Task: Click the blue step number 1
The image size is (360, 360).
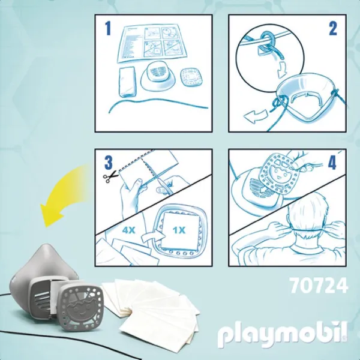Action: click(107, 28)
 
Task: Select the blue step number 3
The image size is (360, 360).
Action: click(109, 162)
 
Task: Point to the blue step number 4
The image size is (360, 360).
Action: click(332, 162)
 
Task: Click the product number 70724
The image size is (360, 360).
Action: click(319, 286)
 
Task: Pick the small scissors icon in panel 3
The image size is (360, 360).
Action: click(110, 177)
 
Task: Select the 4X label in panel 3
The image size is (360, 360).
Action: click(128, 230)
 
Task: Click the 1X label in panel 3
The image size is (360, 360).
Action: click(179, 230)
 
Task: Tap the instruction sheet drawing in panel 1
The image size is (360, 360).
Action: click(152, 44)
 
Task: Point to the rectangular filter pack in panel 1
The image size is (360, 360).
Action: click(127, 82)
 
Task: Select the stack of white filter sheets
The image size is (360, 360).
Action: click(152, 309)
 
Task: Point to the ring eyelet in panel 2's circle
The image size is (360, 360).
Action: click(267, 37)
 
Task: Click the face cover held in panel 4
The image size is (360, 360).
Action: click(279, 175)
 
